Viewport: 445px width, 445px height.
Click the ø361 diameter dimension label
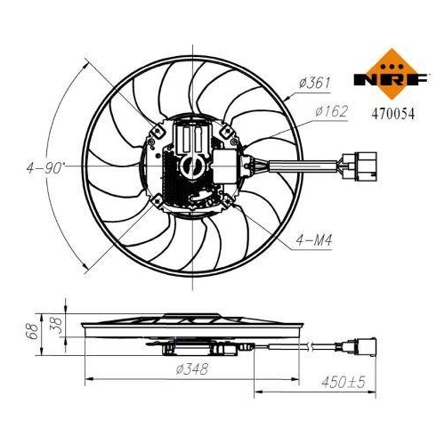click(x=314, y=83)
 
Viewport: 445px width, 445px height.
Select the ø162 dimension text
click(x=331, y=111)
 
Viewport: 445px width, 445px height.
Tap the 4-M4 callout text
click(x=313, y=240)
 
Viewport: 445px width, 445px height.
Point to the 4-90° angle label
click(x=45, y=168)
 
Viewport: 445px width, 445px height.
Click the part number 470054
click(x=392, y=114)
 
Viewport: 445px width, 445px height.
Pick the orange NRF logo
click(x=392, y=74)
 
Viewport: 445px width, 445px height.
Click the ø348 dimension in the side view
click(x=192, y=369)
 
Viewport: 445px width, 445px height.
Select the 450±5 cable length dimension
click(x=344, y=382)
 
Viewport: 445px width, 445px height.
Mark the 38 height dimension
click(x=56, y=325)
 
